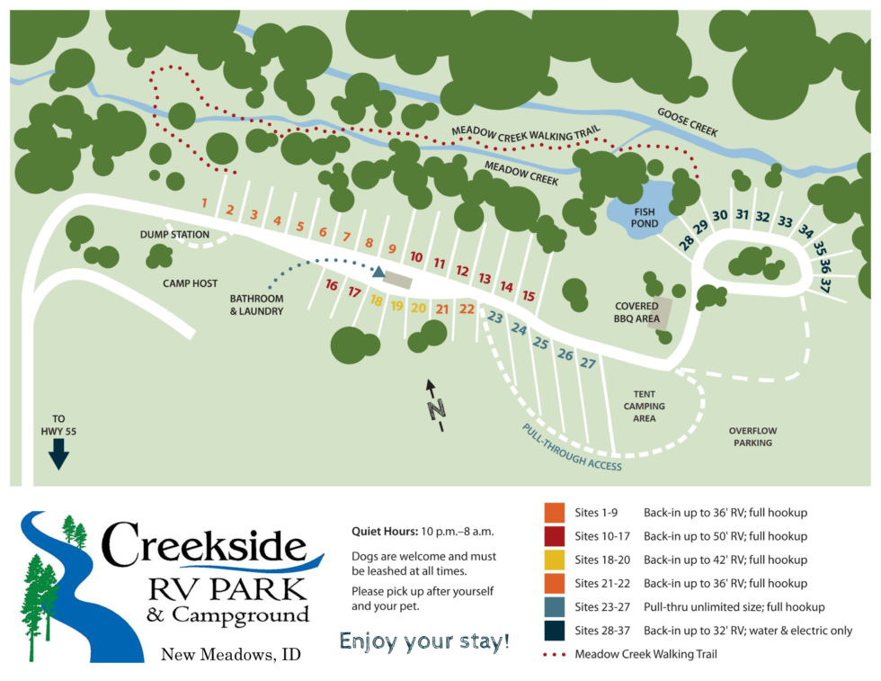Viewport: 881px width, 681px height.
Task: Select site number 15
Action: (x=529, y=296)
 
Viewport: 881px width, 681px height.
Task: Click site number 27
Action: (x=588, y=363)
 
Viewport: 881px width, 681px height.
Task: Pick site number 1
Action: (x=204, y=202)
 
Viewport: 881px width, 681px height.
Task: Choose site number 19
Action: (x=396, y=306)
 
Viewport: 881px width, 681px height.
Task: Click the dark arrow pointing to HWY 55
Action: (x=58, y=453)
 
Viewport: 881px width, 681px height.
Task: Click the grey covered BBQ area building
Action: (x=661, y=311)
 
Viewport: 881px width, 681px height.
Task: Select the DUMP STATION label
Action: (x=174, y=235)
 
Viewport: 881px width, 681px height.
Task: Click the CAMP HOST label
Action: (x=190, y=283)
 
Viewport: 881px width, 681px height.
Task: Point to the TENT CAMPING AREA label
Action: (x=645, y=406)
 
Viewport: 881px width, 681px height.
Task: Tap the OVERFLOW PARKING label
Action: (x=752, y=436)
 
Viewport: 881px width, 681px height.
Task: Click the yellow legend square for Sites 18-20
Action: (x=554, y=560)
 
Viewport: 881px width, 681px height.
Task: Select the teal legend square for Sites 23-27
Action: (x=554, y=606)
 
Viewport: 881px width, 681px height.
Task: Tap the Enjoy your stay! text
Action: (x=424, y=641)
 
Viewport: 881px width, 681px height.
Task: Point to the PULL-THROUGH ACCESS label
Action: (x=573, y=447)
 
